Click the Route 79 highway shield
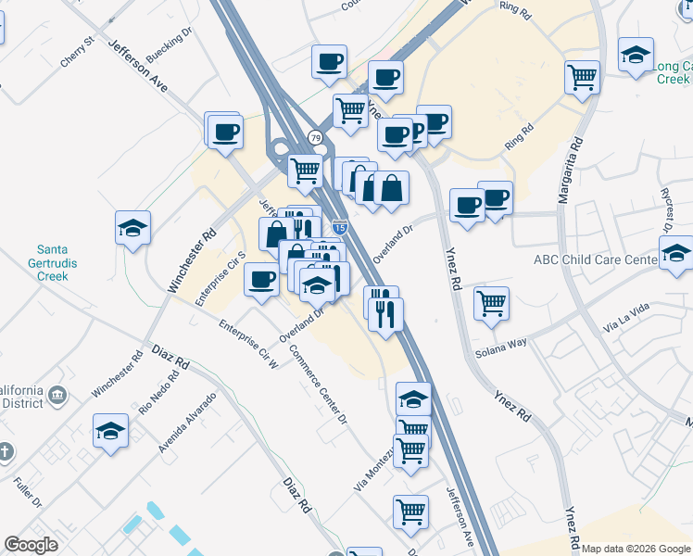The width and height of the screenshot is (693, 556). tap(316, 138)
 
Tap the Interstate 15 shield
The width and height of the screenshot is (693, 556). tap(340, 226)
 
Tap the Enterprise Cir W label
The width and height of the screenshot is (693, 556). tap(248, 345)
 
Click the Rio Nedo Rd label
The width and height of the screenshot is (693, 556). tap(158, 394)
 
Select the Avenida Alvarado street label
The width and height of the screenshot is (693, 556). tap(187, 422)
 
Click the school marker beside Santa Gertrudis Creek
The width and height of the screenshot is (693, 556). tap(133, 228)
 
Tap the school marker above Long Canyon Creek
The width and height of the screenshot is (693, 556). tap(636, 55)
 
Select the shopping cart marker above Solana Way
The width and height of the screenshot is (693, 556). tap(491, 302)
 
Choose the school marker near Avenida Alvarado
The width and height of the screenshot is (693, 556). tap(110, 431)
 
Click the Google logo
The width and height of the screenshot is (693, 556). tap(31, 545)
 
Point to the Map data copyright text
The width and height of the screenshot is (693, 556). tap(635, 549)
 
